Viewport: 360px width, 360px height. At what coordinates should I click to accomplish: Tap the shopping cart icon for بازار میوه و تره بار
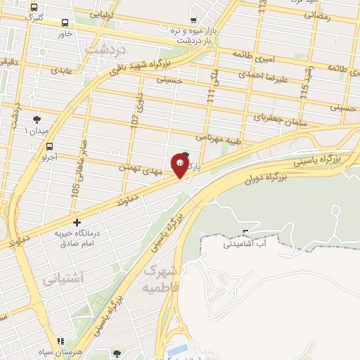click(193, 20)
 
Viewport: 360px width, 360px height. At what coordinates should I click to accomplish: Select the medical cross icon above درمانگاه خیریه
click(77, 222)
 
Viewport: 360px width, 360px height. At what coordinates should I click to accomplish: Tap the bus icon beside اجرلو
click(49, 146)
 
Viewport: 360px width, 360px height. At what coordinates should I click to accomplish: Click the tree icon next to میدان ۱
click(37, 119)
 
